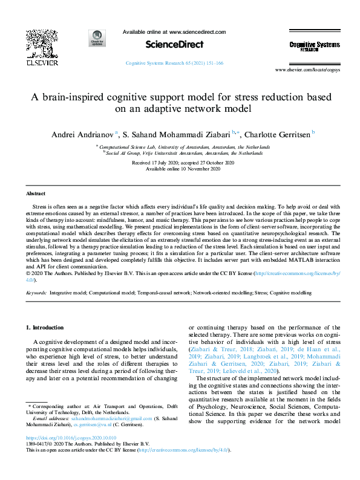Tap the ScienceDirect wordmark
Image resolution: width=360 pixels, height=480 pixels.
click(x=174, y=45)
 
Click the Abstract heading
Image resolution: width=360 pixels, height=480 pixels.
click(x=36, y=193)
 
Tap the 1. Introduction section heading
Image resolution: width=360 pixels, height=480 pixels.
click(x=46, y=327)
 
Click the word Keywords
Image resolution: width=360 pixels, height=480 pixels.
click(x=36, y=293)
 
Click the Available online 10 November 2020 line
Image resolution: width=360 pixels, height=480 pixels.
click(x=180, y=169)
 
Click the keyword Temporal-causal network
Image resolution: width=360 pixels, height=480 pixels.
click(x=163, y=293)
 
